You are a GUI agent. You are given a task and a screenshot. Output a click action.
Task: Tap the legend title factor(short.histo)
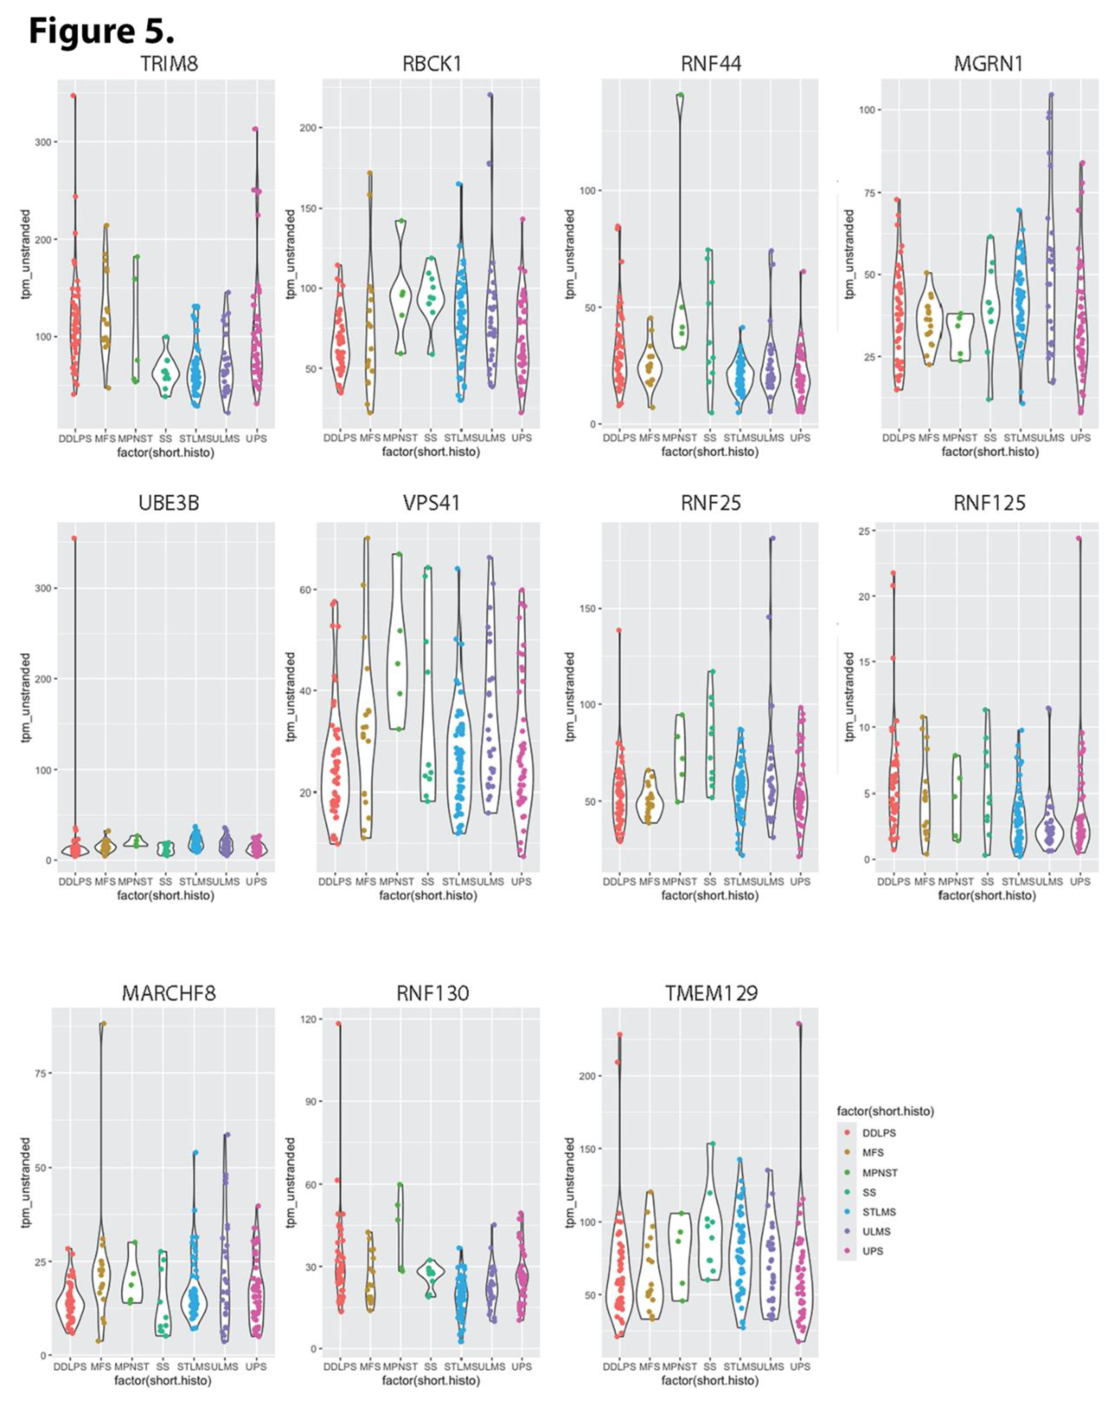[x=885, y=1111]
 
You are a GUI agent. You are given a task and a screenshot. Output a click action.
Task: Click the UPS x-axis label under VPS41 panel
[x=521, y=881]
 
